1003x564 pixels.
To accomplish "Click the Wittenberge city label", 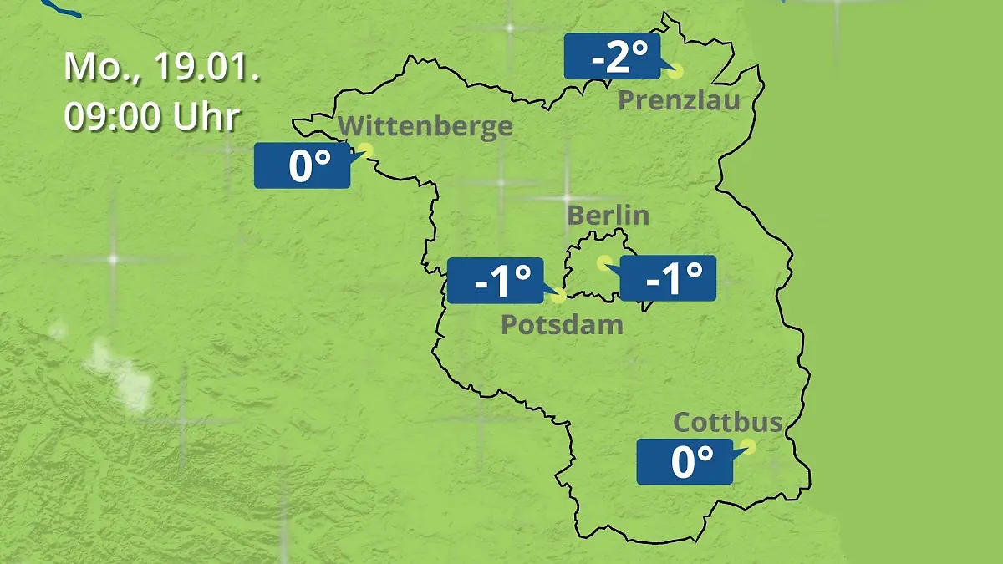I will [425, 126].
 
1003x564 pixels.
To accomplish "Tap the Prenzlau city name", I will [680, 101].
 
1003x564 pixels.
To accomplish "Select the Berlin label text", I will [608, 215].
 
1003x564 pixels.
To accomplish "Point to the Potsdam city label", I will [562, 324].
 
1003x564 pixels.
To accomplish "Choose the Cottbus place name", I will [728, 422].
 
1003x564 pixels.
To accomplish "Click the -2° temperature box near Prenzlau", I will [613, 56].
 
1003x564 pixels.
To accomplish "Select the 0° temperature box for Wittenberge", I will [302, 165].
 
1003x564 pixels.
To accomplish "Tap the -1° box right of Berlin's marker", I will [668, 278].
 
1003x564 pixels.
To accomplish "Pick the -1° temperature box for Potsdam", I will [496, 281].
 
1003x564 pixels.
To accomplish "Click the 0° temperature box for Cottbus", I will [685, 461].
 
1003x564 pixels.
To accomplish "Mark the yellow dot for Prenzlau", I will [675, 72].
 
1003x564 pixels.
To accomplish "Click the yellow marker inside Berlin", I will [603, 262].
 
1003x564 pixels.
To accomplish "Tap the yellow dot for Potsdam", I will [559, 296].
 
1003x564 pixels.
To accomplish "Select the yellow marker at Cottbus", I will [748, 446].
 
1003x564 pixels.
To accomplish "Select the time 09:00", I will [114, 117].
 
